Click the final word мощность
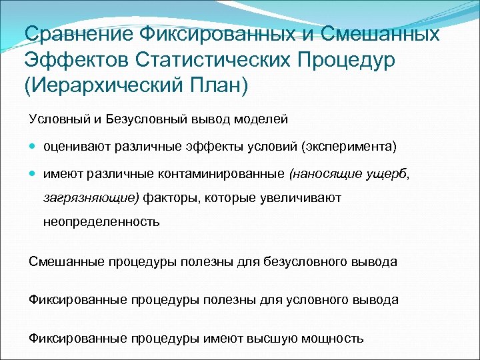333,337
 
